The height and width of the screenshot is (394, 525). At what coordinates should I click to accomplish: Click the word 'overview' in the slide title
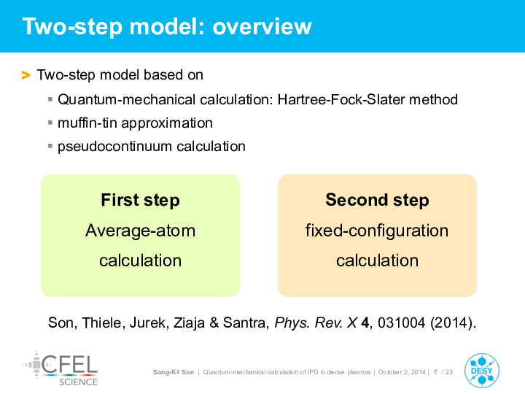[262, 27]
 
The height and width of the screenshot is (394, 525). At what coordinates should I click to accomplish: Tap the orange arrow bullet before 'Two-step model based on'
[26, 75]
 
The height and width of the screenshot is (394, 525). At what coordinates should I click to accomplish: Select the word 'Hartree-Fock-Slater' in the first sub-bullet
[341, 99]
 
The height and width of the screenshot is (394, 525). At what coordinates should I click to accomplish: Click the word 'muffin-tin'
[87, 123]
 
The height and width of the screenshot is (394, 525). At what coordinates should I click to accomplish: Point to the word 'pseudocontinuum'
[115, 147]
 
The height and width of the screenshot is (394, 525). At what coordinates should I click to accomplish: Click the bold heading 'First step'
[140, 200]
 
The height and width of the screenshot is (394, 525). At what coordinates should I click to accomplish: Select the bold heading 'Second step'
[378, 200]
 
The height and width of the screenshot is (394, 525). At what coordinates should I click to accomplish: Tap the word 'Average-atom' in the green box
[140, 231]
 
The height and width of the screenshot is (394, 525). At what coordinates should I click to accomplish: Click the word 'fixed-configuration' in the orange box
[377, 231]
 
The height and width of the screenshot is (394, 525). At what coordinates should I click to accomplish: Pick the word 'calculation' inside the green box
[140, 260]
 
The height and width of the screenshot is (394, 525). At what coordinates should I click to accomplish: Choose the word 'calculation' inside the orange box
[378, 260]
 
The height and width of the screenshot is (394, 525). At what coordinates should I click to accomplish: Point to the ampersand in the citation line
[214, 322]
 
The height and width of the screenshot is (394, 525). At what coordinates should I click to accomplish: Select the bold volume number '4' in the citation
[365, 322]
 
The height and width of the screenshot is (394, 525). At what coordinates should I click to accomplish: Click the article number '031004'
[402, 322]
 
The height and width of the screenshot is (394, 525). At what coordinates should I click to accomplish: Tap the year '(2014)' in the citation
[451, 322]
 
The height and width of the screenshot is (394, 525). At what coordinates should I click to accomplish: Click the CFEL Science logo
[61, 369]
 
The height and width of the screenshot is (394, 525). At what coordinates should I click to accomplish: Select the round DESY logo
[482, 371]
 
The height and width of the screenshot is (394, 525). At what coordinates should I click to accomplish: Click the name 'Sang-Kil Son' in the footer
[174, 372]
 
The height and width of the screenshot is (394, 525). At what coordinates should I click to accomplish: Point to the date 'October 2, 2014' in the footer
[402, 372]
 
